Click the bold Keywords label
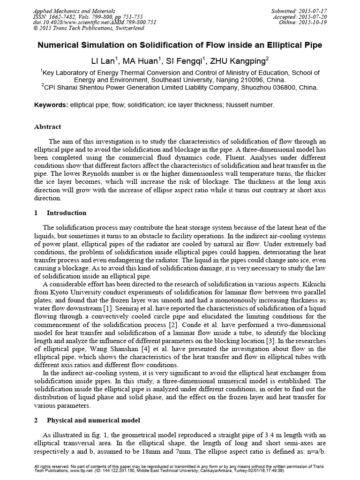(x=51, y=105)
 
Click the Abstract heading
(x=48, y=127)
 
